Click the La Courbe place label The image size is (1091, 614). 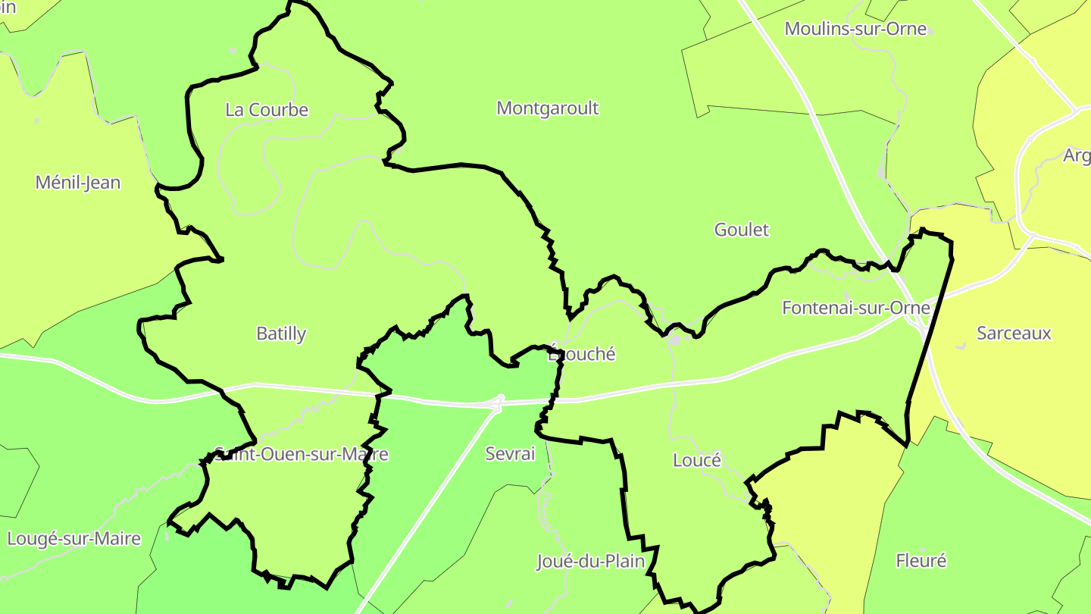point(267,110)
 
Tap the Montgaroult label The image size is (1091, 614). point(547,108)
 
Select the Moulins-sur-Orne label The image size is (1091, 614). point(855,29)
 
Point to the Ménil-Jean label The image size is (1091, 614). point(78,183)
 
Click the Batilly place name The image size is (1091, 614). point(281,334)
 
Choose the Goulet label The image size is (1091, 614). point(741,230)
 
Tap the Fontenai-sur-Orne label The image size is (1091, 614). point(855,308)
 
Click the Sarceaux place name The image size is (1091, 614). point(1014,333)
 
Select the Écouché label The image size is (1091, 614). point(582,354)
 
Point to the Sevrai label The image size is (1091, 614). point(510,454)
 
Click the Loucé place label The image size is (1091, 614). point(696,460)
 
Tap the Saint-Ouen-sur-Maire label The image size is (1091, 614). point(302,454)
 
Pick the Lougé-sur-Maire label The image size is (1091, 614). point(74,539)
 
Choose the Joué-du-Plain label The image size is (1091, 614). point(590,562)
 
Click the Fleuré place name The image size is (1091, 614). point(921,561)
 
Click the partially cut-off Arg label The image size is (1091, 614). point(1077,156)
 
